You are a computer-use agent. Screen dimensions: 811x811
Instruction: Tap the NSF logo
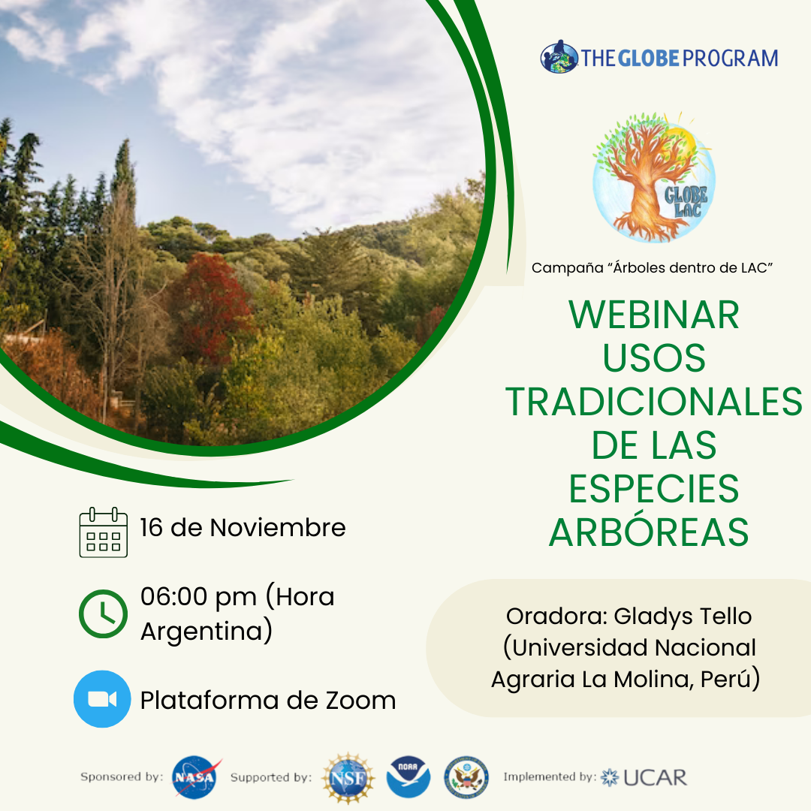(x=348, y=778)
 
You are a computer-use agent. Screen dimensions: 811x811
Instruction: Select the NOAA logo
(x=408, y=777)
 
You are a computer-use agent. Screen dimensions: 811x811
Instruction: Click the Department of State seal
(x=466, y=777)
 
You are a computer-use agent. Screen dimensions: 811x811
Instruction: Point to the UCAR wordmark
(x=655, y=777)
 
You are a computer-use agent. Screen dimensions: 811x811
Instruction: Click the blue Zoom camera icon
(x=102, y=699)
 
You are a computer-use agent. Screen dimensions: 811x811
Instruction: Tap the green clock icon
(x=103, y=614)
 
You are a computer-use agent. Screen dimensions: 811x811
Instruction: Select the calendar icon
(x=104, y=532)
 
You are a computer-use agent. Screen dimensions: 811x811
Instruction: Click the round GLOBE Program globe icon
(x=559, y=56)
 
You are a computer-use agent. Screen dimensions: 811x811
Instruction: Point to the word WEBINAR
(x=654, y=315)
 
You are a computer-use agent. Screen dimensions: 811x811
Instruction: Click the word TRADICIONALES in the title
(x=654, y=402)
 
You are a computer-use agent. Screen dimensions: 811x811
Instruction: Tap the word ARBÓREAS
(x=649, y=532)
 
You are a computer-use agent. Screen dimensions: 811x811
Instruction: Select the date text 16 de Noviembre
(x=243, y=528)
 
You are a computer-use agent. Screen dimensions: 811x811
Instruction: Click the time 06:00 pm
(x=198, y=597)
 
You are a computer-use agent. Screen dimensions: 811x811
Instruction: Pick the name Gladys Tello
(x=683, y=617)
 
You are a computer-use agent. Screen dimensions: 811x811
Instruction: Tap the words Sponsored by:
(x=122, y=777)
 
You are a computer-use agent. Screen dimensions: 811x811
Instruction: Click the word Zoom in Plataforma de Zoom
(x=360, y=701)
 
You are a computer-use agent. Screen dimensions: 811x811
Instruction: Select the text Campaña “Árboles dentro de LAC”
(x=653, y=268)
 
